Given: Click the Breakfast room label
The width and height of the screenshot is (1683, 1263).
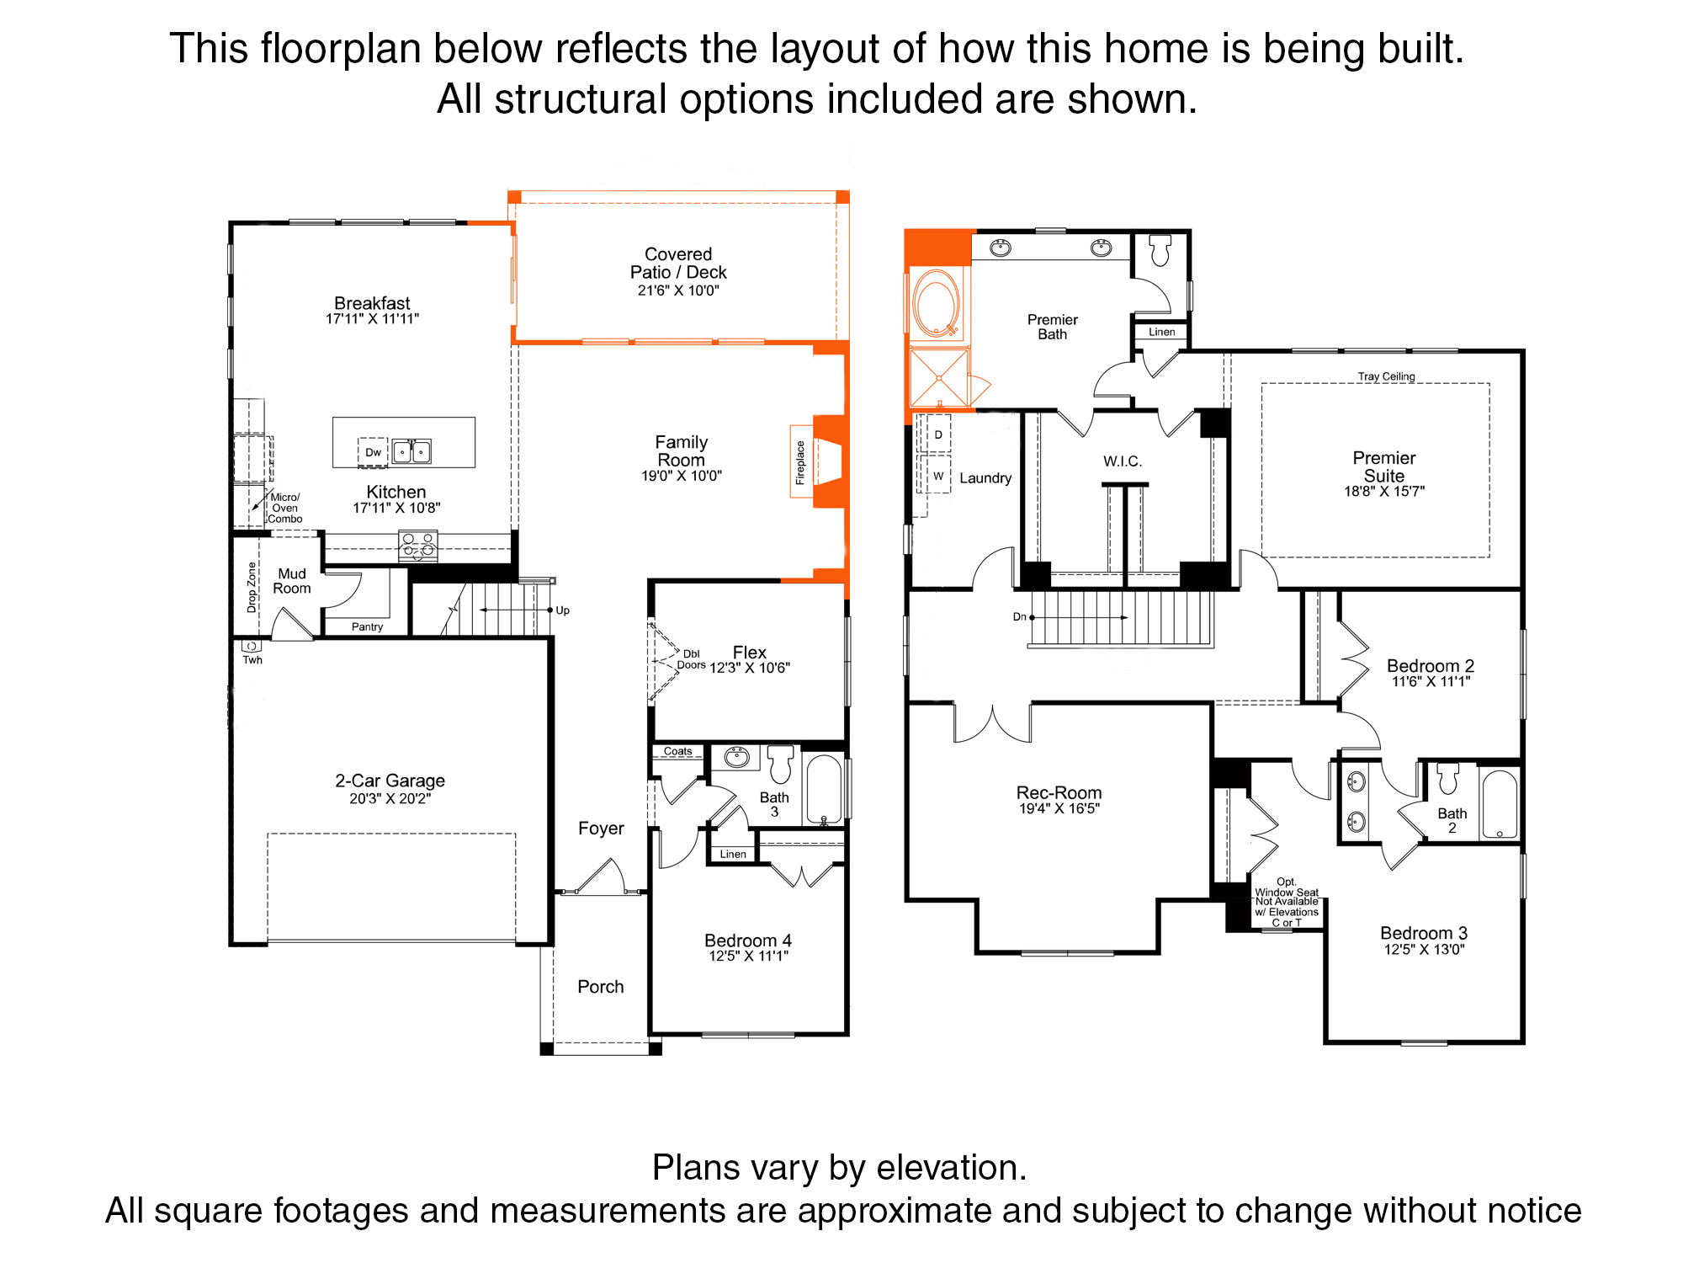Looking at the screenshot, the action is pos(372,303).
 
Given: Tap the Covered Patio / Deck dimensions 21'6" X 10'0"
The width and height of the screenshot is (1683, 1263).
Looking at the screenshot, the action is pos(678,290).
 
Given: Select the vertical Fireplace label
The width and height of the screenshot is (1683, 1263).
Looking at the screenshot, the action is pos(800,462).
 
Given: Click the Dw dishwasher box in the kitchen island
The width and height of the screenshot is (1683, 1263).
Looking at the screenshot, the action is pos(373,452).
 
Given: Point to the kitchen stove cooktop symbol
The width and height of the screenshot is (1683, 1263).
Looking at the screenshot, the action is pos(418,546).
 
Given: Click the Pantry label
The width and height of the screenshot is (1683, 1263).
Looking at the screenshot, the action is pos(367,626).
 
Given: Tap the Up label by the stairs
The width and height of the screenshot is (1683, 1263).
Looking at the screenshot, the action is pos(562,610).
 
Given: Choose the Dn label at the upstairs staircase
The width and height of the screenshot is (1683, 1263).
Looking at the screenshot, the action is pos(1019,617).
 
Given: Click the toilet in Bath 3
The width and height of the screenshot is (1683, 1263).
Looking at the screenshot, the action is pos(781,764).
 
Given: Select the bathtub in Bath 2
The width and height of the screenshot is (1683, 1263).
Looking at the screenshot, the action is pos(1499,803).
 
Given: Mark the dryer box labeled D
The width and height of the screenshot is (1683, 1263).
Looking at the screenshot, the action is pos(938,434).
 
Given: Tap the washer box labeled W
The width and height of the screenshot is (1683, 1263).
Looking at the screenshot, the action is pos(938,476).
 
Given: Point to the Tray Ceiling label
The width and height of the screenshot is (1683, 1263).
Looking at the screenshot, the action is pos(1386,376).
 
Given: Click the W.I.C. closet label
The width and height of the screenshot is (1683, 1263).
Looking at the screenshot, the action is pos(1123,461).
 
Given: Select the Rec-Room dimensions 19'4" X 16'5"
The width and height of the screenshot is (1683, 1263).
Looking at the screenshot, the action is pos(1059,809).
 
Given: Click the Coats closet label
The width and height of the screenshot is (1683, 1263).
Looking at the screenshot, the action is pos(677,751).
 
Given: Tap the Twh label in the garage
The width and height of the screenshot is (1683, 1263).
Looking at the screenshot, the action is pos(252,660).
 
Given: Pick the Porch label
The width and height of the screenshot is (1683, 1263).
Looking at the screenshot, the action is pos(601,987).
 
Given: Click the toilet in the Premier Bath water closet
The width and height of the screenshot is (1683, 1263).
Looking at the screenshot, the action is pos(1160,250).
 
